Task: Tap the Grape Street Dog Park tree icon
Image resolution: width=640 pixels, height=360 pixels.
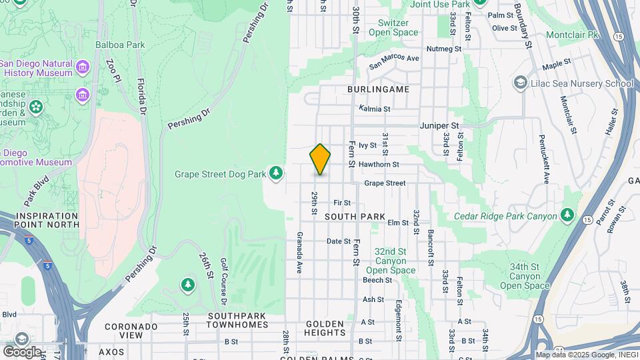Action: click(x=276, y=174)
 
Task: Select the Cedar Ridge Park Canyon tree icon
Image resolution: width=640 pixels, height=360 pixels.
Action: click(x=567, y=215)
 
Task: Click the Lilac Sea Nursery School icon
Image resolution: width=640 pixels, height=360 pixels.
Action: click(x=520, y=83)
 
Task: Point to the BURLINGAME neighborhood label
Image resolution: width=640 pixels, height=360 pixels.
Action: click(x=378, y=89)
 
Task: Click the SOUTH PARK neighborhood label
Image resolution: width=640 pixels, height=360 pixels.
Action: click(x=355, y=217)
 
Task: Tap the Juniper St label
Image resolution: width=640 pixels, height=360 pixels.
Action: click(x=440, y=125)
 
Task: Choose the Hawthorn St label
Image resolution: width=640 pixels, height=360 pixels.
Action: click(x=379, y=164)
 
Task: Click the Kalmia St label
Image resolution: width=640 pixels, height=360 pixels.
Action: click(x=374, y=108)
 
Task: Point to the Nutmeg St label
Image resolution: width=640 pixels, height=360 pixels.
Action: click(x=444, y=49)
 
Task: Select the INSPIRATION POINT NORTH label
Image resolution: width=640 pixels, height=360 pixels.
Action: click(x=39, y=221)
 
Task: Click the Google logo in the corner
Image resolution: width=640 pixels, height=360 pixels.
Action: click(x=21, y=351)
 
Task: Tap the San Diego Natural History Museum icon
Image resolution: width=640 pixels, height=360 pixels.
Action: click(x=83, y=67)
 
